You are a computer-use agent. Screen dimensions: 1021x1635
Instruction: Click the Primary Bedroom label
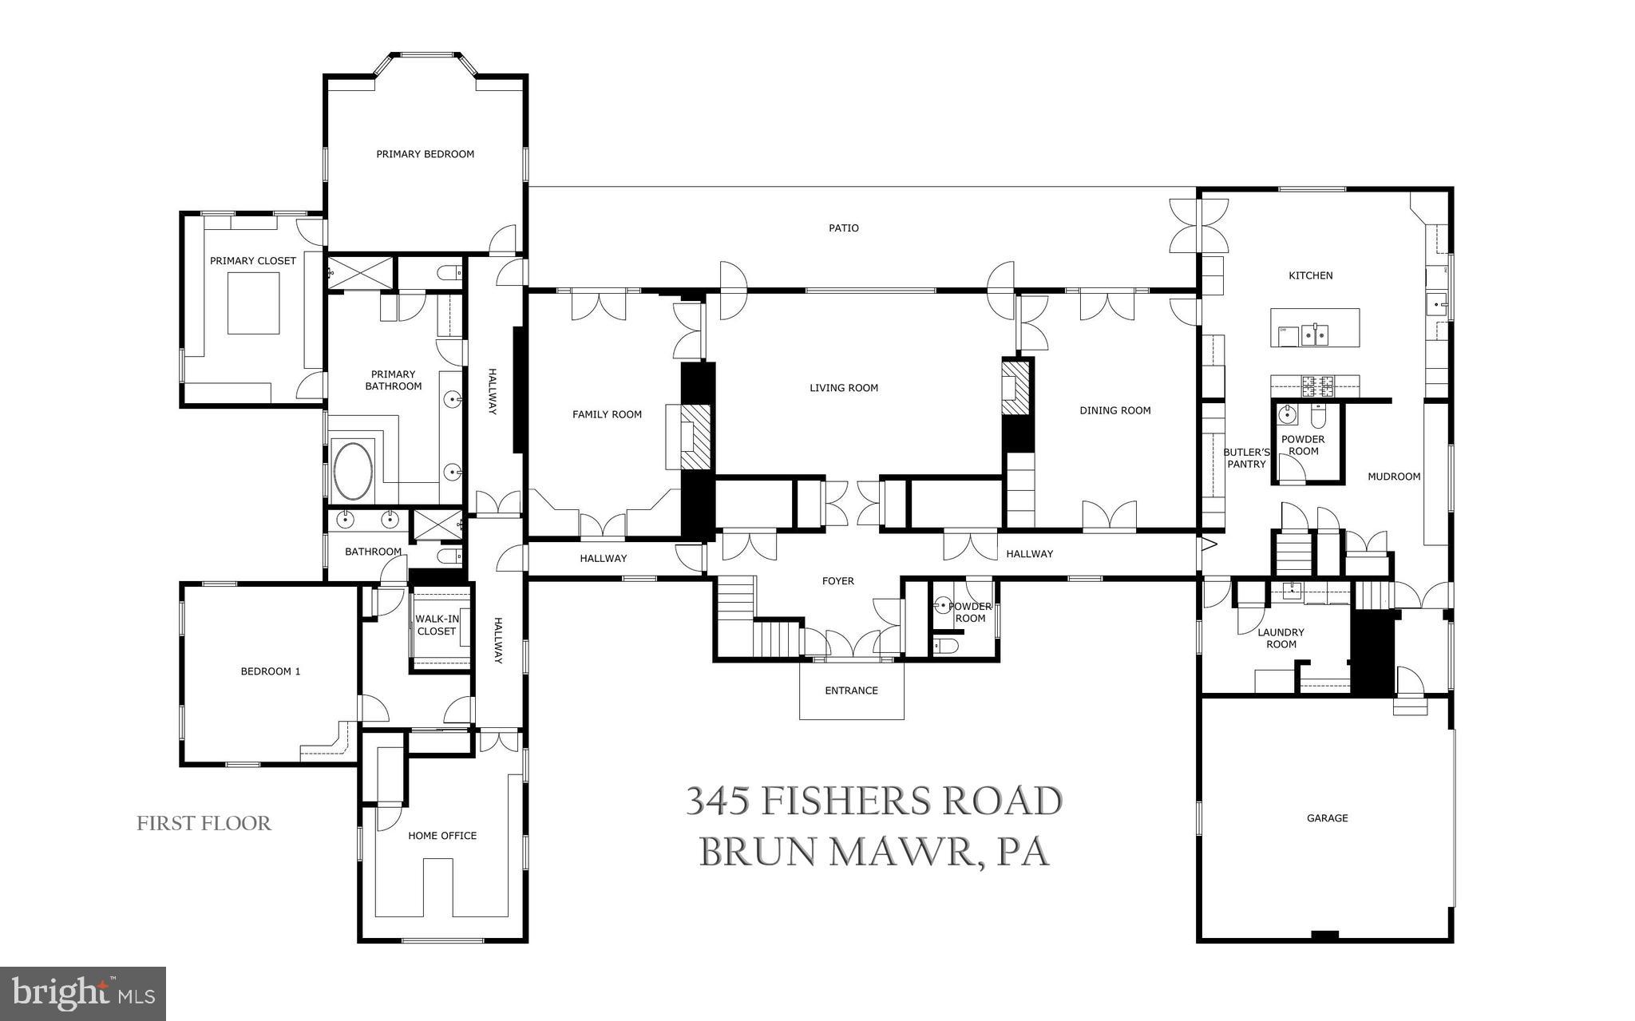pos(425,154)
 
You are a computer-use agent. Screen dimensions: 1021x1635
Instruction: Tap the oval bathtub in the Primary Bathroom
pos(352,471)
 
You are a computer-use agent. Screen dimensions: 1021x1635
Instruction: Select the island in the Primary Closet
pos(253,303)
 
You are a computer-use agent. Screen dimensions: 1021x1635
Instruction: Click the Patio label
pos(843,228)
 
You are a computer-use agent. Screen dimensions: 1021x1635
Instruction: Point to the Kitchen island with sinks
pos(1314,327)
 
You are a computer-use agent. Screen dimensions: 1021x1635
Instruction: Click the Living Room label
pos(843,388)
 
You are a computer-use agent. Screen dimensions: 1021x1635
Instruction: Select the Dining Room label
pos(1114,410)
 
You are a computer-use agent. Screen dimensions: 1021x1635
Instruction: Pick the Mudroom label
pos(1393,477)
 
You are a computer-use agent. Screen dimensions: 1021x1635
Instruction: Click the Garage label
pos(1327,817)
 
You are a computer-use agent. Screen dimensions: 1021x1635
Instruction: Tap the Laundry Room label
pos(1281,638)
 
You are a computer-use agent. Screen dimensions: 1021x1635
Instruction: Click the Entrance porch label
pos(851,691)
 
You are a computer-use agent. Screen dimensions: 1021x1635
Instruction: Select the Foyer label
pos(837,581)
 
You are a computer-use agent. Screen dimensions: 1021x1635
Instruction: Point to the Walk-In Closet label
pos(437,624)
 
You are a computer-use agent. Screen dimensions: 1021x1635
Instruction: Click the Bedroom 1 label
pos(270,671)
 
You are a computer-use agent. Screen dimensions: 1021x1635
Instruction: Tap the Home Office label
pos(441,836)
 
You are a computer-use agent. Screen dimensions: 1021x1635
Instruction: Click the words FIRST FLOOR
pos(204,823)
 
